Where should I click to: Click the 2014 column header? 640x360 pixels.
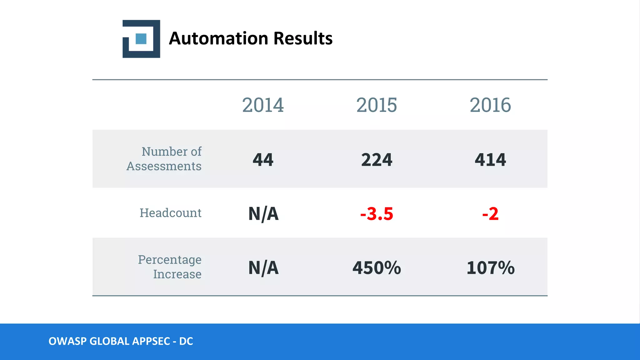click(263, 105)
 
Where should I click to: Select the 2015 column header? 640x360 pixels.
click(377, 105)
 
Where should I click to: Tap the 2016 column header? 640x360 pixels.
click(490, 105)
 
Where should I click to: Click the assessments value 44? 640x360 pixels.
click(263, 160)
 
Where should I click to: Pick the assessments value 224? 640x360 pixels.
click(377, 160)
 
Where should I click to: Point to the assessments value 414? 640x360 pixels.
click(490, 160)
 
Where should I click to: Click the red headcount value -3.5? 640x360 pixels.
click(377, 214)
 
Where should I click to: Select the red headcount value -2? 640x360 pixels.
click(490, 214)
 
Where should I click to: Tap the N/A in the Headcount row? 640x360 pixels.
click(263, 214)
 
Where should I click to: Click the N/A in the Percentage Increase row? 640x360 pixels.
click(263, 268)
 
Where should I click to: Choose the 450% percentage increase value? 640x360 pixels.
click(377, 268)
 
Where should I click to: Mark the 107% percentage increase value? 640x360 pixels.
click(490, 268)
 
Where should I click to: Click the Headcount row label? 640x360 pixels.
click(170, 213)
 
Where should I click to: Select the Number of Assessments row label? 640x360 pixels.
click(164, 159)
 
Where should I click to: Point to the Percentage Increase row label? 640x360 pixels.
click(170, 267)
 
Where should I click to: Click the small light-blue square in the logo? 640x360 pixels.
click(141, 39)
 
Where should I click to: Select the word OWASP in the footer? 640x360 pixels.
click(67, 341)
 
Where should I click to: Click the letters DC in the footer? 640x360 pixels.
click(186, 341)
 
